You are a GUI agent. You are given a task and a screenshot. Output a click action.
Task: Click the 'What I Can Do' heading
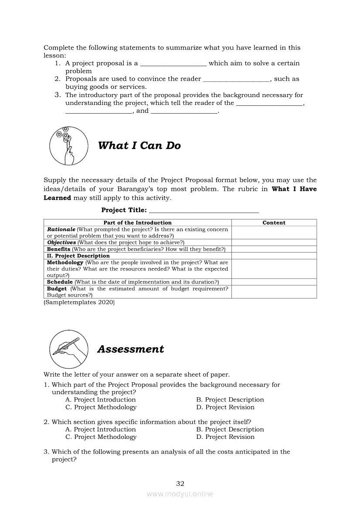coord(139,146)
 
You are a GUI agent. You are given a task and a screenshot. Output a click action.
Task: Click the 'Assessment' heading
coord(131,349)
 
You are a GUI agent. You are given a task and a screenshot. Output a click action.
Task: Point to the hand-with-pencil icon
coord(68,349)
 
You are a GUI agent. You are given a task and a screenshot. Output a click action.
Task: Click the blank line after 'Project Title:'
coord(204,210)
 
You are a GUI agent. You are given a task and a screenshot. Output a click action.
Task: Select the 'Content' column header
coord(274,222)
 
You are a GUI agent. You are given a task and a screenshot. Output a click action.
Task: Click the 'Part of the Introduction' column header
coord(137,222)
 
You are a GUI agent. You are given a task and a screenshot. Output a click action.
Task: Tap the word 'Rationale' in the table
coord(61,229)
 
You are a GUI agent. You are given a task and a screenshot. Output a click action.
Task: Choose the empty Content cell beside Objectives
coord(274,243)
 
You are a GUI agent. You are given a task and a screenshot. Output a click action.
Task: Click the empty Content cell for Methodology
coord(274,269)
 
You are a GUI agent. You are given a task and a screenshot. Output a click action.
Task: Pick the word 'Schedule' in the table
coord(60,282)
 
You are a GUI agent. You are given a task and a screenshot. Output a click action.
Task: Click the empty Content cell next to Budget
coord(274,292)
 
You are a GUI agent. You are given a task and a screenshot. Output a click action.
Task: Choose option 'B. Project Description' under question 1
coord(230,400)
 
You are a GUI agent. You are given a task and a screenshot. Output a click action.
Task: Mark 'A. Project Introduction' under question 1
coord(101,400)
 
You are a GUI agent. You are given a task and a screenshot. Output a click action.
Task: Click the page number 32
coord(180,483)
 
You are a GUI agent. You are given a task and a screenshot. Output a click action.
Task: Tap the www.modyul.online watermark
coord(180,494)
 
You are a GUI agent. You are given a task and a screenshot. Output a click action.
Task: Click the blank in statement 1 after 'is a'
coord(173,64)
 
